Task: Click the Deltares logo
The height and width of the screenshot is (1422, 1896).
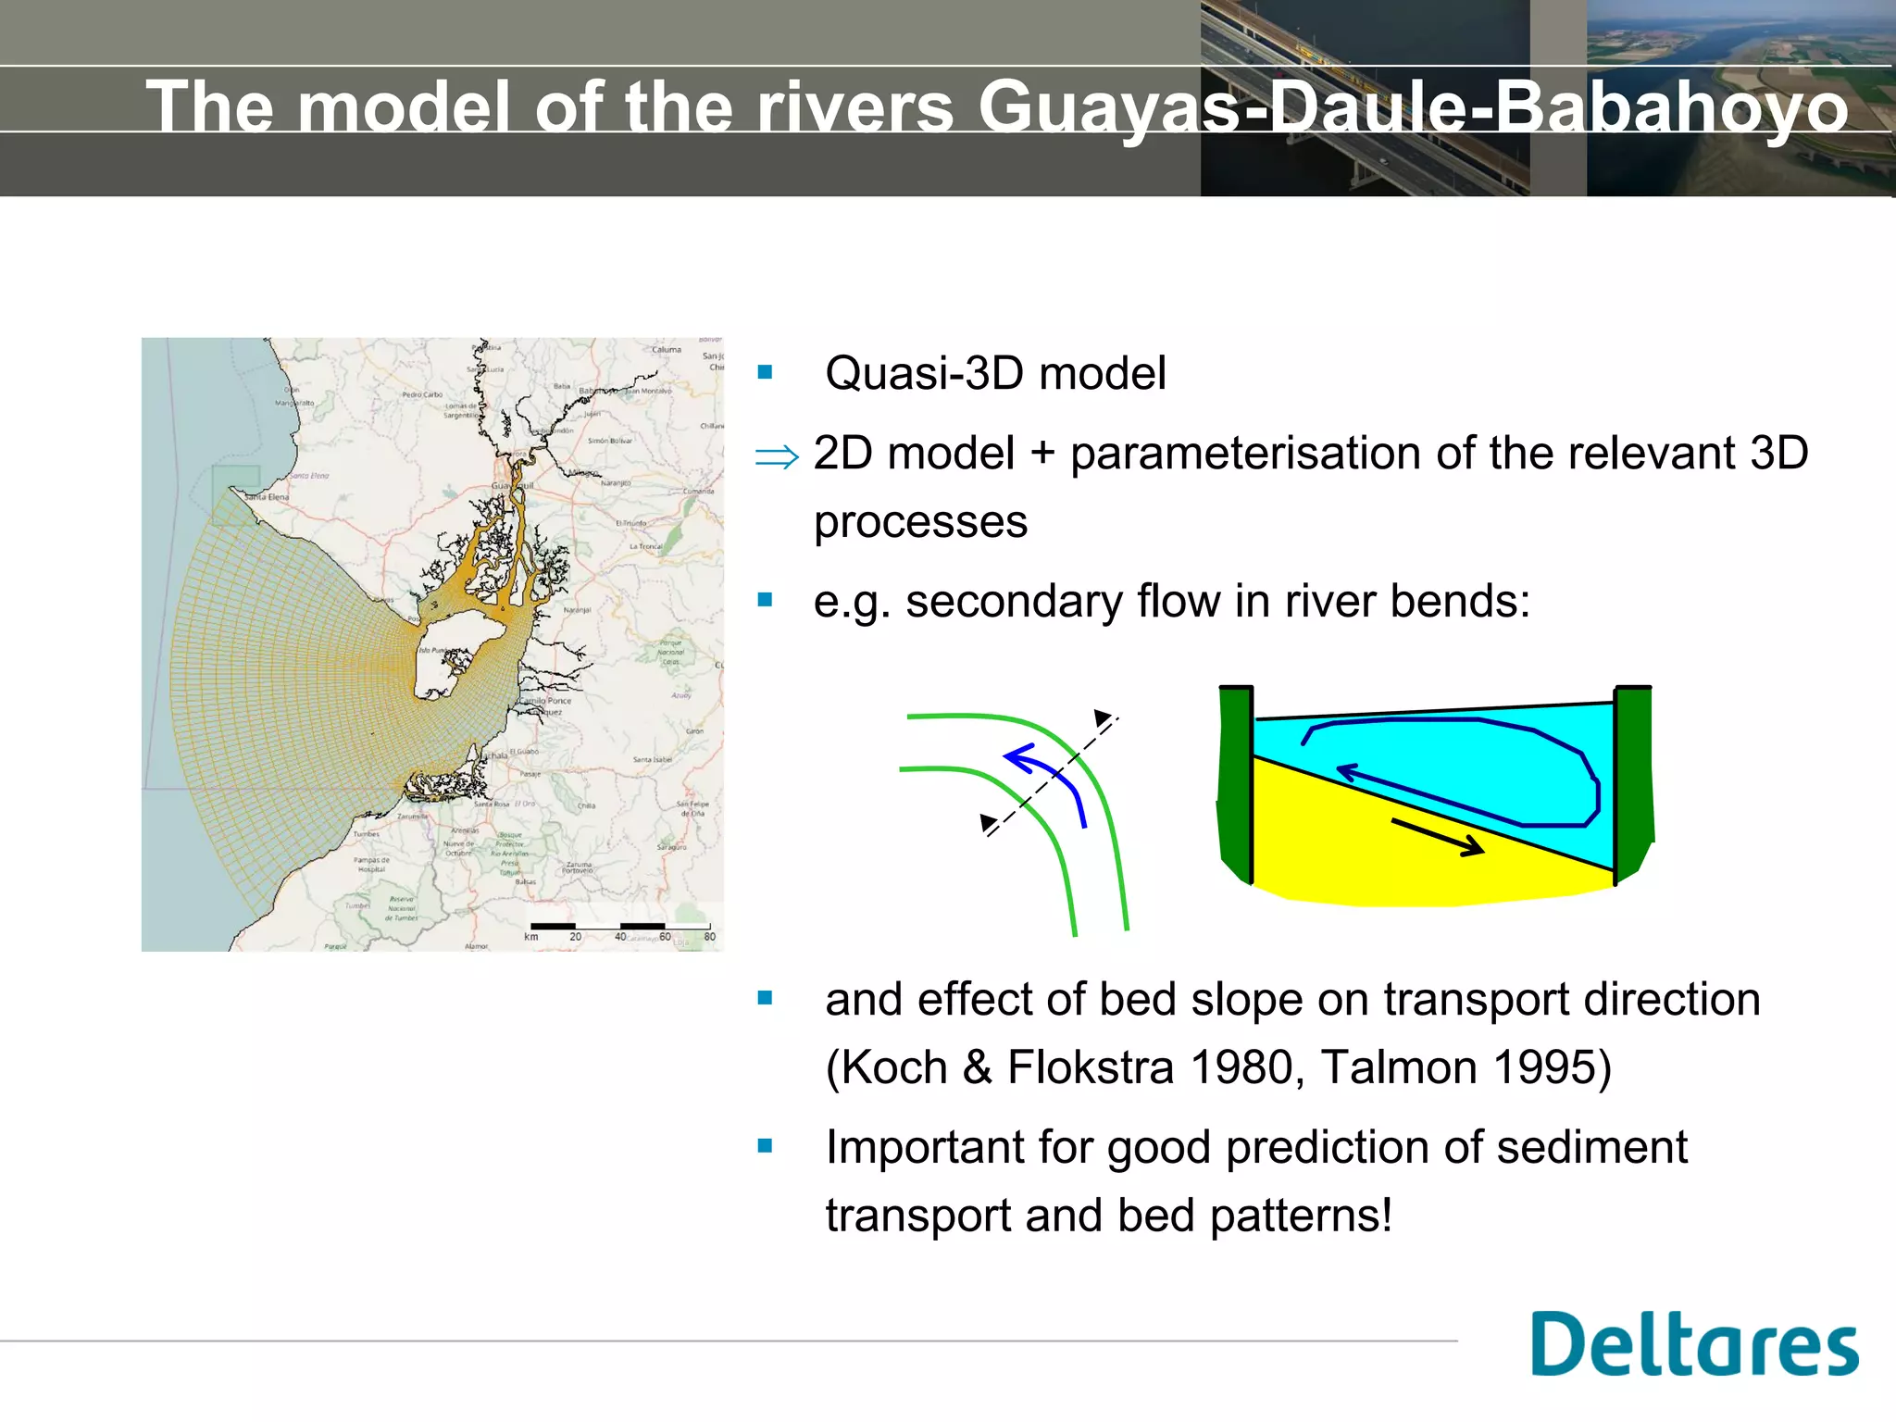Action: click(x=1693, y=1343)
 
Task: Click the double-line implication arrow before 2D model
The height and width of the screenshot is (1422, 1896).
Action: click(x=776, y=456)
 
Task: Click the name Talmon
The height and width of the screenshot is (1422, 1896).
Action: click(x=1398, y=1066)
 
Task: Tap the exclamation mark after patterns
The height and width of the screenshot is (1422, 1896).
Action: click(x=1386, y=1215)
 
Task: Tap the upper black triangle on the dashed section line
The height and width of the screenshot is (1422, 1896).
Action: click(x=1102, y=717)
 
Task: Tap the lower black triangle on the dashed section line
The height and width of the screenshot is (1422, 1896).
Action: click(x=988, y=822)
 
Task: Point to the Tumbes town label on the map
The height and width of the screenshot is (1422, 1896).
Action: click(x=366, y=834)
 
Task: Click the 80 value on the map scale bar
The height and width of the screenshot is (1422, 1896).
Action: click(x=709, y=937)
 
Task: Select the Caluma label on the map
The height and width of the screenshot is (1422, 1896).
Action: click(x=667, y=350)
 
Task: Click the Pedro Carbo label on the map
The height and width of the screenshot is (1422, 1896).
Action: click(x=422, y=394)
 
